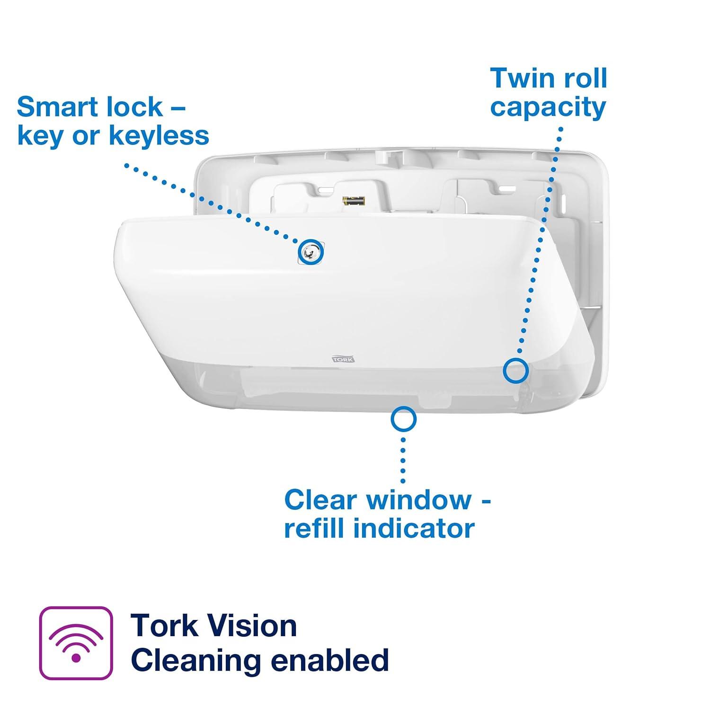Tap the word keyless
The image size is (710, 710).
159,136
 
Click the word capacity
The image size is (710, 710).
548,108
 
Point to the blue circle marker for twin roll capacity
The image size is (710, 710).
515,370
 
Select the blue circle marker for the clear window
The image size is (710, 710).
403,419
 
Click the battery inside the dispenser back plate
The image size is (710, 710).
354,201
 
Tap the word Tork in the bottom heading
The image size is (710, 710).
164,626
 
